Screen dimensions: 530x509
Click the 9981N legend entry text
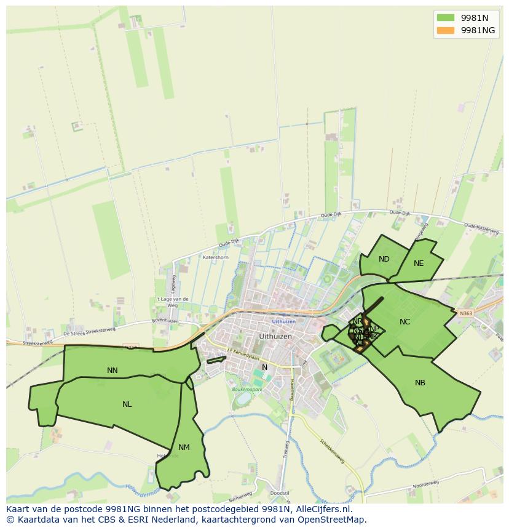(475, 17)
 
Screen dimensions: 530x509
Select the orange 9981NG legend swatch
(446, 30)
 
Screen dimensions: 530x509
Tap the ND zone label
(384, 259)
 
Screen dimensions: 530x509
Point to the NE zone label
(419, 263)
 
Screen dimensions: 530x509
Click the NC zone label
(404, 322)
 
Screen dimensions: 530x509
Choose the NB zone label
(420, 383)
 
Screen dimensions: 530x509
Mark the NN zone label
(112, 371)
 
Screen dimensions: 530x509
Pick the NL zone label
(127, 404)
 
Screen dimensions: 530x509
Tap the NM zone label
(184, 448)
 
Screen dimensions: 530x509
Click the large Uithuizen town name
(275, 337)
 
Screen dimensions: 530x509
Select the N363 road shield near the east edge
(466, 313)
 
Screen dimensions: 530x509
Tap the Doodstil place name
(279, 494)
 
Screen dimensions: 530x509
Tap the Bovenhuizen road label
(164, 320)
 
